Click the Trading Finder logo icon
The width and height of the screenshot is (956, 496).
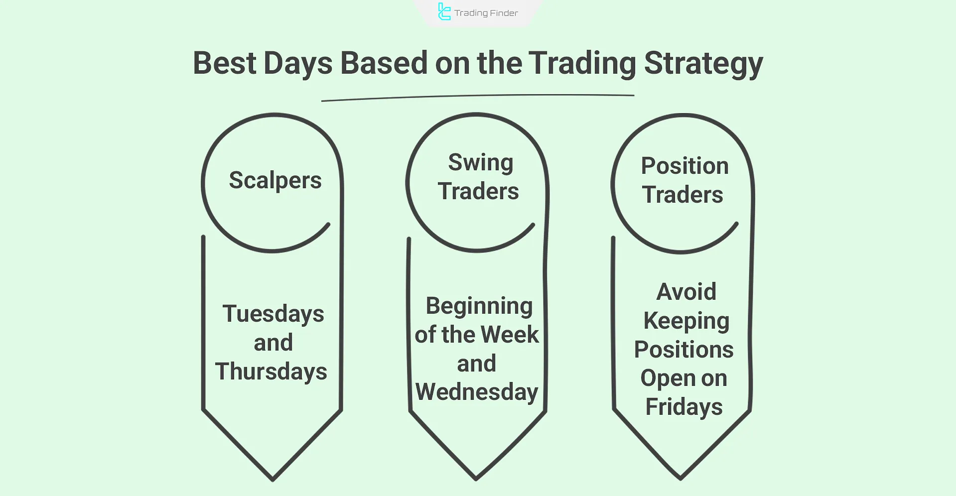click(x=444, y=11)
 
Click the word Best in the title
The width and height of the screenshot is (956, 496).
click(x=225, y=63)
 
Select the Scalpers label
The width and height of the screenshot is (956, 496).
click(x=275, y=181)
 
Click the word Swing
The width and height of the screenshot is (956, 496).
click(x=480, y=163)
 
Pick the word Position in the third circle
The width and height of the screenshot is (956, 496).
click(x=684, y=166)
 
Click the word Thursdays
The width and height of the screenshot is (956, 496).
click(x=271, y=372)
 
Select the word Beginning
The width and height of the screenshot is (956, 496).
click(x=479, y=306)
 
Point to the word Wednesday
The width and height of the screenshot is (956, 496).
click(x=477, y=392)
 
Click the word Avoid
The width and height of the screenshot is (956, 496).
click(x=686, y=292)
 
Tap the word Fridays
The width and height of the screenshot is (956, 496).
click(x=683, y=407)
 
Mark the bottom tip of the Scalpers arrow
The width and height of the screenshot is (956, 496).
click(x=273, y=480)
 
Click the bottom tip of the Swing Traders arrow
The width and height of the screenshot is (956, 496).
click(x=476, y=479)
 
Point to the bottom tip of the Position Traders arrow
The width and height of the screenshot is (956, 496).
click(x=681, y=479)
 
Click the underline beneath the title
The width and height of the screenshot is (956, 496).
click(x=478, y=97)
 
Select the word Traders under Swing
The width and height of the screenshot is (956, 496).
click(x=478, y=192)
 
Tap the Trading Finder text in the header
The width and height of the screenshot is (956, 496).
click(x=486, y=13)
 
